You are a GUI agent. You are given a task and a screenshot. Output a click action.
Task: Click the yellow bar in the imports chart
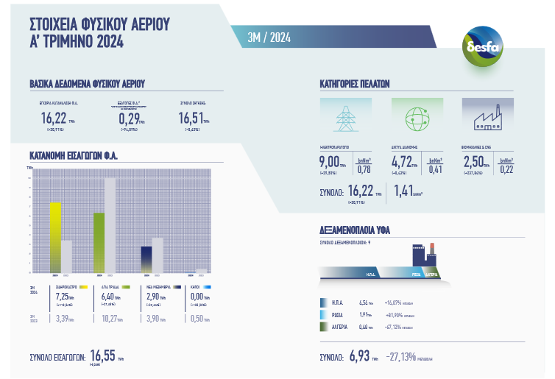tap(54, 236)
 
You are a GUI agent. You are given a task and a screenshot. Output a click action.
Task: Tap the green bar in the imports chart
tap(99, 242)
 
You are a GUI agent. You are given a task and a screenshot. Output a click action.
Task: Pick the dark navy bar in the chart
tap(146, 258)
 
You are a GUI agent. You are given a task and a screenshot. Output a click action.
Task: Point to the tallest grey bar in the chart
tap(110, 224)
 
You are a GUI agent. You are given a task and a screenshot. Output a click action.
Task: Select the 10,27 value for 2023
tap(110, 319)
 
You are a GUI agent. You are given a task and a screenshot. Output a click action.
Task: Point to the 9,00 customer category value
tap(329, 162)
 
